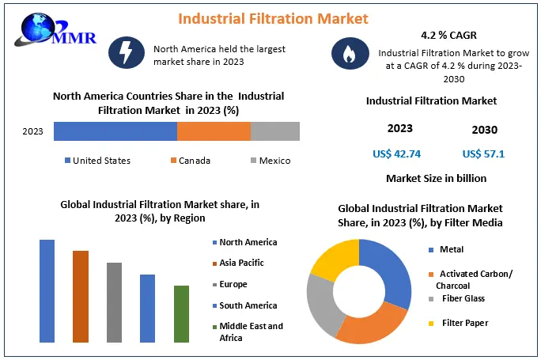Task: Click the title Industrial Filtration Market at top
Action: coord(261,17)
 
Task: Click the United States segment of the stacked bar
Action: coord(115,131)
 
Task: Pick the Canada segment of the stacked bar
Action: coord(214,131)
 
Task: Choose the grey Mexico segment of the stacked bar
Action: coord(275,131)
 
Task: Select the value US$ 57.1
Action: coord(483,153)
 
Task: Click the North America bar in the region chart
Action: coord(47,290)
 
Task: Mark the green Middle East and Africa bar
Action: coord(182,313)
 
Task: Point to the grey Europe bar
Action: coord(115,302)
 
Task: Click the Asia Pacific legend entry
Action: coord(241,263)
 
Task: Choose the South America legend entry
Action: coord(248,305)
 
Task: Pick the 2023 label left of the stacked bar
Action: coord(33,131)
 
